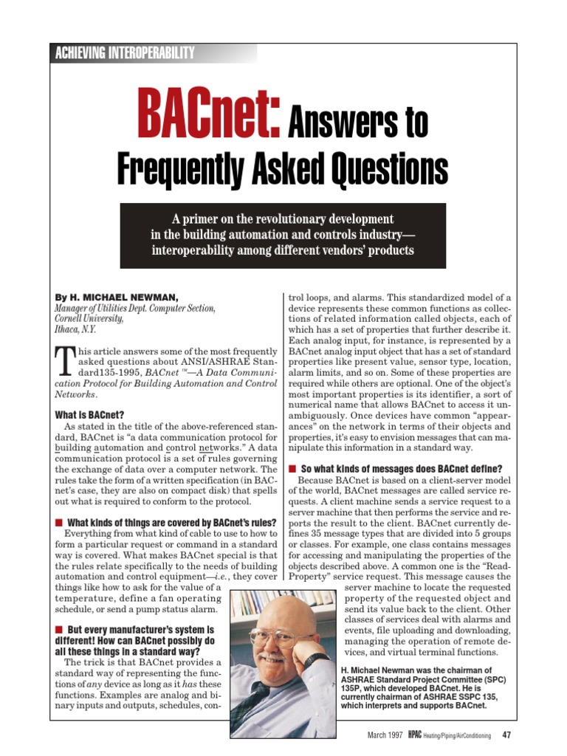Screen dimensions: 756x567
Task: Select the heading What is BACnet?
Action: (89, 415)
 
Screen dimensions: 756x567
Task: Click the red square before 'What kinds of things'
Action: (59, 523)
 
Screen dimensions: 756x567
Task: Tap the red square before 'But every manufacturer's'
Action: (59, 628)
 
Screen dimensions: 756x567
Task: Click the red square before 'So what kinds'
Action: (292, 470)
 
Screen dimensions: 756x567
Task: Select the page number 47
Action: (506, 735)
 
